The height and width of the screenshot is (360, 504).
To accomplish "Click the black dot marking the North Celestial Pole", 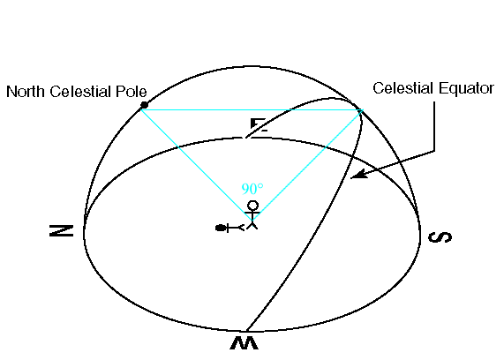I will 144,105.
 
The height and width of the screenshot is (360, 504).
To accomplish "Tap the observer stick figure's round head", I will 252,206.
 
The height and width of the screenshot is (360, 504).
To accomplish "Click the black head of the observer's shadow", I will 220,228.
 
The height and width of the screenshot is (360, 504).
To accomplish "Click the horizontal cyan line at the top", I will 252,110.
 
